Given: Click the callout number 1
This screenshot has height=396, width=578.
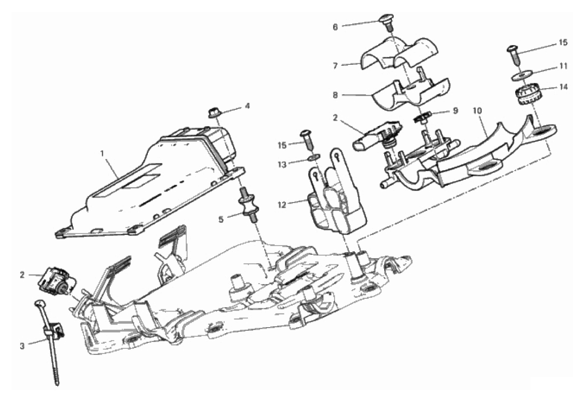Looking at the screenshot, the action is pos(103,152).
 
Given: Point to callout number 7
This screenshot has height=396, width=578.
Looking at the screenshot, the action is pos(335,66).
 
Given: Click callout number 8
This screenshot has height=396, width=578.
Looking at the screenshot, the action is pos(335,95).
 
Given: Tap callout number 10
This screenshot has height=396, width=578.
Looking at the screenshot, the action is pos(477,110).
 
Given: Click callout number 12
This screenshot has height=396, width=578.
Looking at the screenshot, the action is pos(282,205).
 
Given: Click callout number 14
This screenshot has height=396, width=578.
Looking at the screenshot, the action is pos(563,87).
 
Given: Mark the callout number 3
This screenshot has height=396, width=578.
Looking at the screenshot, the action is pos(22,346).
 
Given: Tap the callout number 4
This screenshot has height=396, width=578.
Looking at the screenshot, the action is pos(247,106).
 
